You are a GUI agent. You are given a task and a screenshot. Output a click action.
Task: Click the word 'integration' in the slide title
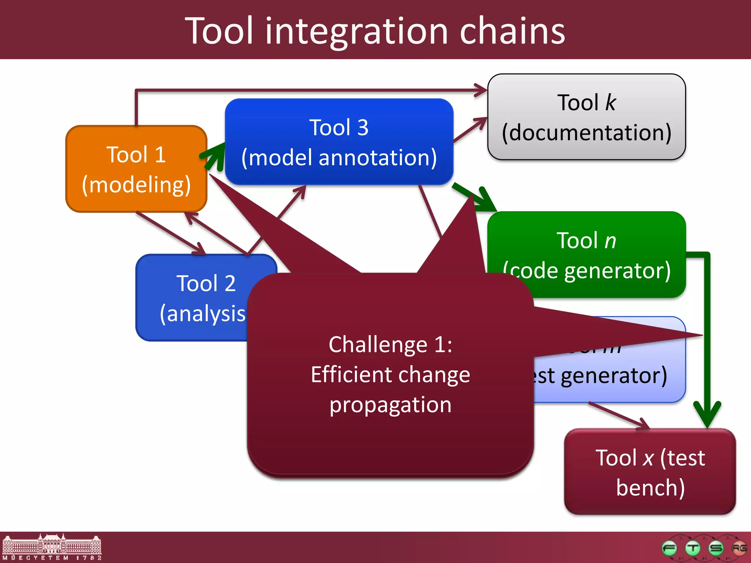[x=356, y=32]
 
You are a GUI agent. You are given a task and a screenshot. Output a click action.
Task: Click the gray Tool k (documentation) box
[x=586, y=117]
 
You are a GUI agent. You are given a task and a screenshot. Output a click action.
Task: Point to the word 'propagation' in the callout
[x=390, y=405]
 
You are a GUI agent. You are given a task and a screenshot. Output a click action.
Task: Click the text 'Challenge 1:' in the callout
[x=390, y=345]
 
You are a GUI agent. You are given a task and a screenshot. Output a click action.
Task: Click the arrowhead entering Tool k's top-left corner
[x=481, y=90]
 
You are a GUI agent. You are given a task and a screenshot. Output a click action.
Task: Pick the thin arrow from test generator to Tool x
[x=620, y=416]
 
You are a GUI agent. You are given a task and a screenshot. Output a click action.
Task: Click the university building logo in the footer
[x=52, y=547]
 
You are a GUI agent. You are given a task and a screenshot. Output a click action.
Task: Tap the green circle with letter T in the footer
[x=693, y=548]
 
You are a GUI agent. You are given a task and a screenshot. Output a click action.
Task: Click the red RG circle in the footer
[x=739, y=548]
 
